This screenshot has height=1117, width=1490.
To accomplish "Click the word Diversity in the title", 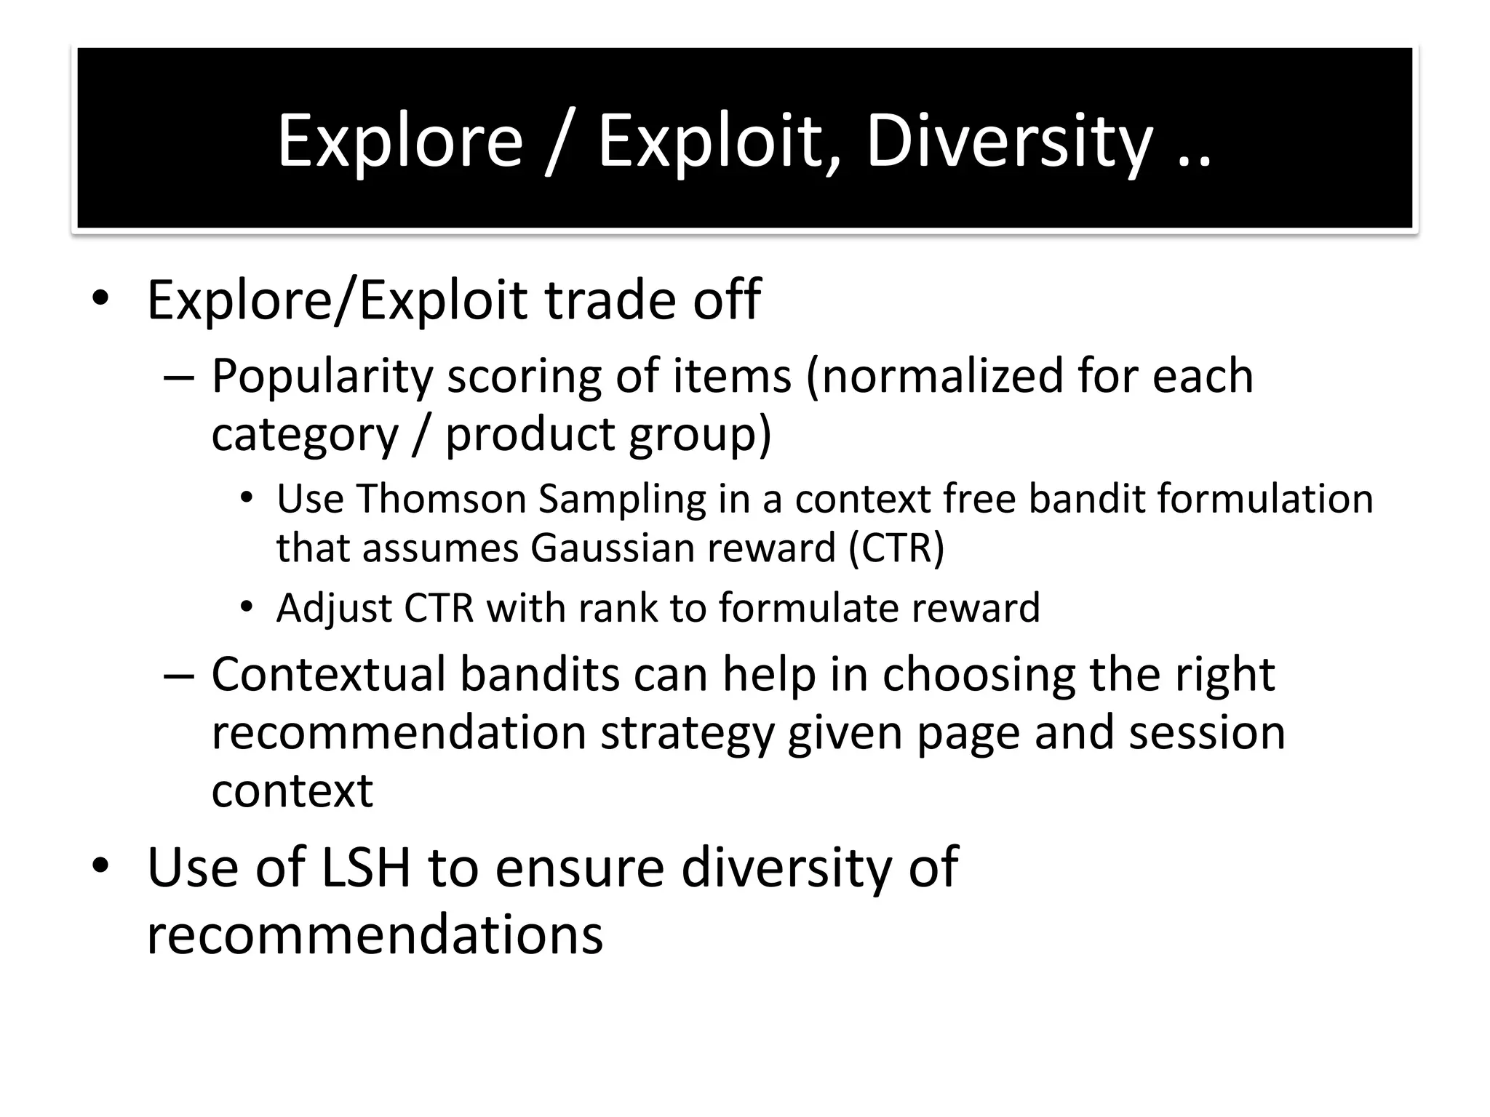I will pyautogui.click(x=1009, y=140).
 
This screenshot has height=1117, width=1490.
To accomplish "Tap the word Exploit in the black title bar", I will pyautogui.click(x=720, y=140).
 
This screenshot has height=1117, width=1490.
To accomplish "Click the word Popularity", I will pyautogui.click(x=322, y=377).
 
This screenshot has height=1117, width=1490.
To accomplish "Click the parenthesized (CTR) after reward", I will pyautogui.click(x=896, y=548).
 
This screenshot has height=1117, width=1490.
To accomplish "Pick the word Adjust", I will pyautogui.click(x=334, y=608).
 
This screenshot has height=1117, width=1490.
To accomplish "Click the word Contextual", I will pyautogui.click(x=328, y=674).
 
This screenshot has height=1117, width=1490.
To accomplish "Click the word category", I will pyautogui.click(x=305, y=434).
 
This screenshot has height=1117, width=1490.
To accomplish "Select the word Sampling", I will pyautogui.click(x=622, y=500).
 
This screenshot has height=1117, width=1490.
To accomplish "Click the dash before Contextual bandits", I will pyautogui.click(x=178, y=675).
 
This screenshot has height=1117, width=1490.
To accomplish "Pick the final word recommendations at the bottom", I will pyautogui.click(x=375, y=934).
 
